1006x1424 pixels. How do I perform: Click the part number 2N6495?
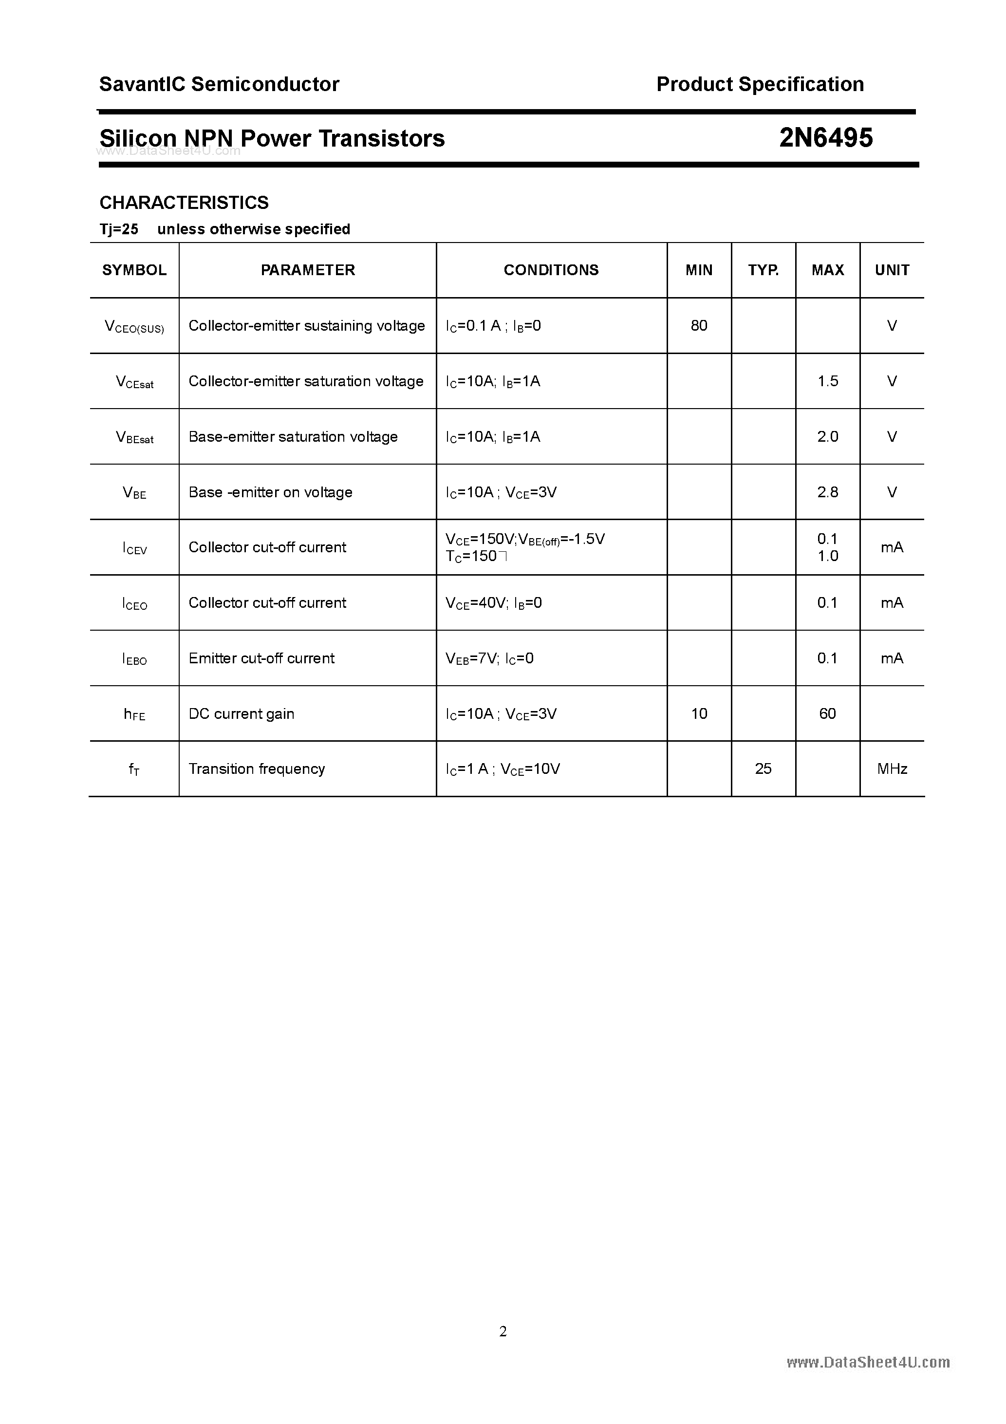(825, 138)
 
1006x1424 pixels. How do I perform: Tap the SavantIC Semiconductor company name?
(219, 84)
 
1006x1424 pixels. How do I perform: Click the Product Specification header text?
(760, 84)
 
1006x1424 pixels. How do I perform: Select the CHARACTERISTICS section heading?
(184, 202)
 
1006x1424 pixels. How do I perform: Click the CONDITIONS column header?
(551, 270)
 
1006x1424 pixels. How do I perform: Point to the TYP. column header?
(763, 270)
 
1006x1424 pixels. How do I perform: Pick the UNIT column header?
(892, 270)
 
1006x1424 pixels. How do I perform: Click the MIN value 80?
(699, 326)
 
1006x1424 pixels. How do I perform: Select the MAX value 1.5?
(827, 381)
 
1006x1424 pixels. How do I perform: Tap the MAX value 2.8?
(827, 492)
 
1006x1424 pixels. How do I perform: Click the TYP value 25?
(763, 768)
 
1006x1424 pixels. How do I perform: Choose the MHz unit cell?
(892, 768)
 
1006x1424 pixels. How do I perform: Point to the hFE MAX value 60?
(827, 713)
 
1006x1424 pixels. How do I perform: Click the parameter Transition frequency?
(257, 768)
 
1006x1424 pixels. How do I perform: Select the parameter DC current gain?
(241, 713)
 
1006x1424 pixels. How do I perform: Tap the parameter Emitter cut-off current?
(261, 658)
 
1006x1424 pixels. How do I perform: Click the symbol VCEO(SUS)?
(134, 327)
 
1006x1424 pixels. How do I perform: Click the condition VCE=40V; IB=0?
(494, 603)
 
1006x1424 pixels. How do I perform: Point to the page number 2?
(503, 1331)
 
